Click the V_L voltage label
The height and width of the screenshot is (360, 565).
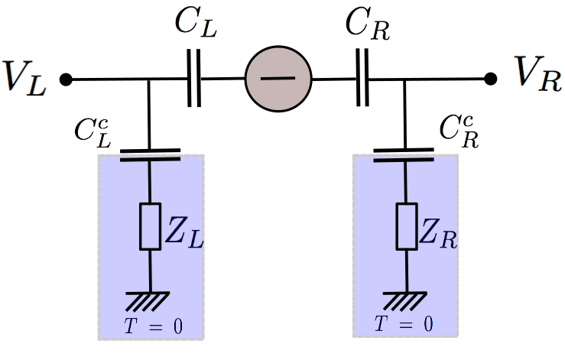tap(25, 79)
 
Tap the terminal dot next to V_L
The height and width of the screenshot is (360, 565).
tap(67, 79)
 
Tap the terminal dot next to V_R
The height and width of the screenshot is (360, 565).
tap(491, 79)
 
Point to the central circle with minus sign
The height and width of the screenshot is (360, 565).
tap(278, 79)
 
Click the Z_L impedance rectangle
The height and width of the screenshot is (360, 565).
tap(149, 226)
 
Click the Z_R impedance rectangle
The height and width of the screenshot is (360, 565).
tap(405, 226)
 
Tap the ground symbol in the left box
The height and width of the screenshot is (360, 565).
tap(149, 299)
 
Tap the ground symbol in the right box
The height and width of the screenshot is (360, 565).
tap(405, 299)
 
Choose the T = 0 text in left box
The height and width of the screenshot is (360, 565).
tap(153, 326)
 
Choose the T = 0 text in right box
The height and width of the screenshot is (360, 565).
tap(404, 323)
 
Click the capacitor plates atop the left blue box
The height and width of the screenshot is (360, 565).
tap(149, 155)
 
